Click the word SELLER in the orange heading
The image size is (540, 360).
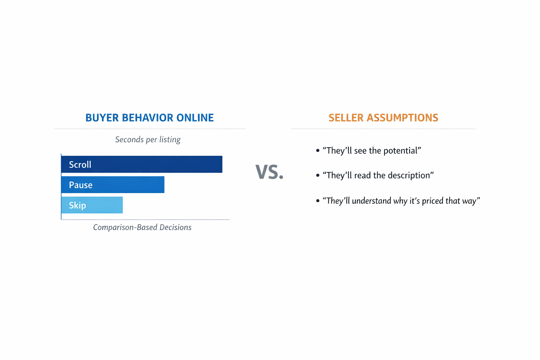(346, 118)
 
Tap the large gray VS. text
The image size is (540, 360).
(269, 172)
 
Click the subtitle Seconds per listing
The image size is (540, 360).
(148, 140)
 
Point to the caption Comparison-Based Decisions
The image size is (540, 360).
(142, 227)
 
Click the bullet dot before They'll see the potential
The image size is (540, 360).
(318, 150)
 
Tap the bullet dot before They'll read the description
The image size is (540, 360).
(318, 175)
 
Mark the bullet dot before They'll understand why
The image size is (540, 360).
(318, 201)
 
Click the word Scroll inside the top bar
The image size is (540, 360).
(80, 165)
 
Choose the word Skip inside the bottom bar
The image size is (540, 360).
(77, 205)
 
